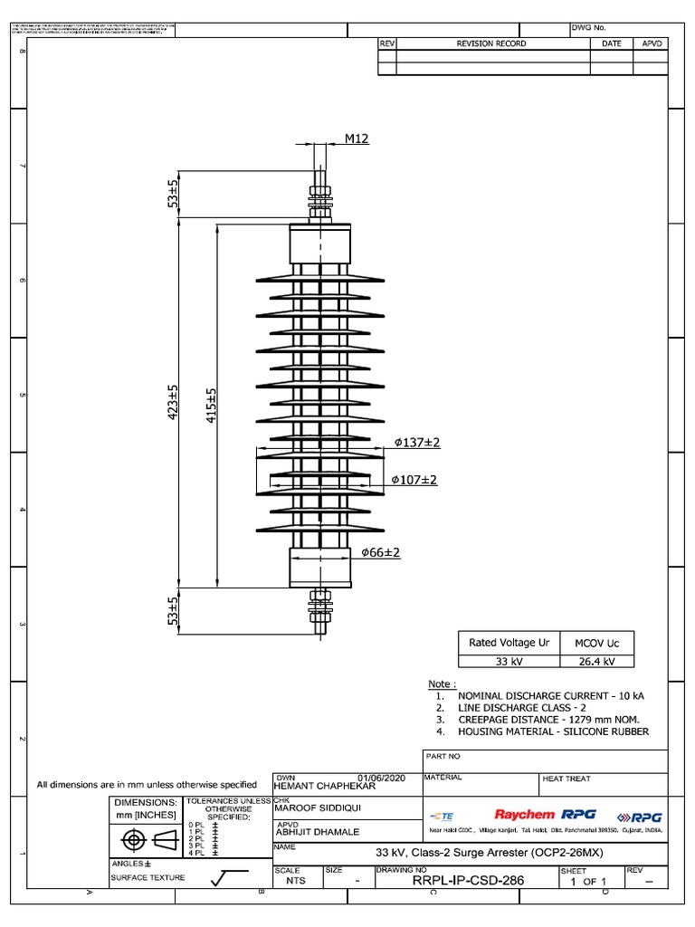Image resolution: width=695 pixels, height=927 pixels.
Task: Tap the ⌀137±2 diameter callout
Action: click(416, 443)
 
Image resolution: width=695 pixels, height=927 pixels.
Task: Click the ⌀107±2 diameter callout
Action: click(414, 479)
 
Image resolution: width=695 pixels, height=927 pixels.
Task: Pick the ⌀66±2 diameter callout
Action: click(380, 552)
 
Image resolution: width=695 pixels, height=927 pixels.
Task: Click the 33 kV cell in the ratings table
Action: click(509, 662)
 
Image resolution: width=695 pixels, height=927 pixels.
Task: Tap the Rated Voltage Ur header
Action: click(509, 642)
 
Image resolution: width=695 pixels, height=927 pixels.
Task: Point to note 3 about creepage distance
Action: click(549, 719)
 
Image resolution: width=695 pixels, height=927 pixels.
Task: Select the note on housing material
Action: click(553, 731)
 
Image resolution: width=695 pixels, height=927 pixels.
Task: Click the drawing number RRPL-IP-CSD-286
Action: click(468, 879)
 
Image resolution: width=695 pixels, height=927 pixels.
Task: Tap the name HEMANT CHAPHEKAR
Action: click(322, 785)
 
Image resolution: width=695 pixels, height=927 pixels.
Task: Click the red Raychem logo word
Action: click(524, 815)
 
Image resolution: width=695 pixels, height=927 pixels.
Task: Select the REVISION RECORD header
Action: click(491, 43)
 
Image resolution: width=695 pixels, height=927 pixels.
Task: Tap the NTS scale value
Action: click(296, 880)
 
